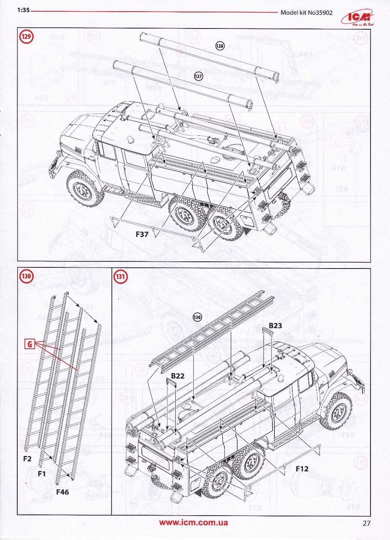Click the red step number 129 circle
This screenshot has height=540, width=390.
tap(26, 37)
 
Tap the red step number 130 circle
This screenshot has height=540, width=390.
tap(26, 277)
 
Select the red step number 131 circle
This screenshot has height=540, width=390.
tap(120, 277)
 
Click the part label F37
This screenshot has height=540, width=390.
tap(142, 235)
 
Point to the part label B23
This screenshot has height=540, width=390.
tap(275, 325)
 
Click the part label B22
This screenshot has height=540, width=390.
tap(178, 376)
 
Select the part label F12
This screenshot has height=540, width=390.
tap(302, 468)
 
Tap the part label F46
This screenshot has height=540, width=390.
tap(63, 492)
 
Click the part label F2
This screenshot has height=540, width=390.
tap(27, 459)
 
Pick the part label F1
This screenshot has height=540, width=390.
tap(41, 474)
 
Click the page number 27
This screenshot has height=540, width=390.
tap(366, 524)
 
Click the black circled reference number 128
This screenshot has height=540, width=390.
tap(220, 46)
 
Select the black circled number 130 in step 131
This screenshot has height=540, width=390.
tap(197, 317)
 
